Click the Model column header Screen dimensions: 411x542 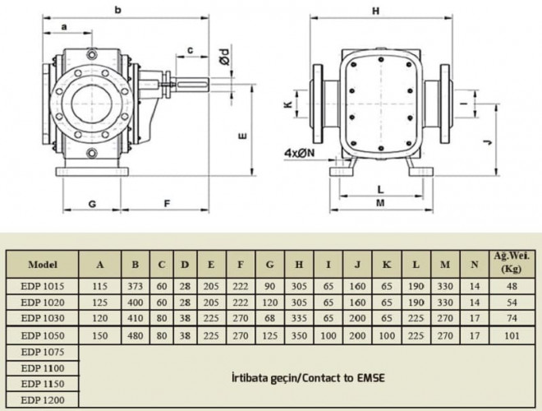pyautogui.click(x=42, y=265)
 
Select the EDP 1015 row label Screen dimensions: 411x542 pyautogui.click(x=42, y=285)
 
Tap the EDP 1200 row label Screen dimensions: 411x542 pyautogui.click(x=42, y=400)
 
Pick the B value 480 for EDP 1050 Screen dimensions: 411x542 pyautogui.click(x=135, y=335)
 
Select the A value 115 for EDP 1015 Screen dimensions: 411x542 pyautogui.click(x=100, y=285)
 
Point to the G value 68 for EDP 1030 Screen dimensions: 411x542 pyautogui.click(x=270, y=317)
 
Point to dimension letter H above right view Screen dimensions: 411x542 pyautogui.click(x=375, y=11)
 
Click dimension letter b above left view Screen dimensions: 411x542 pyautogui.click(x=119, y=10)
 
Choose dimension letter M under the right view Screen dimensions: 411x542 pyautogui.click(x=380, y=202)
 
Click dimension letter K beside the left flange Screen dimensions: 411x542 pyautogui.click(x=287, y=105)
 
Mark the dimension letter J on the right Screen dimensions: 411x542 pyautogui.click(x=488, y=142)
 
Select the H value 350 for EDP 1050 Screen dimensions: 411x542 pyautogui.click(x=300, y=335)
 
